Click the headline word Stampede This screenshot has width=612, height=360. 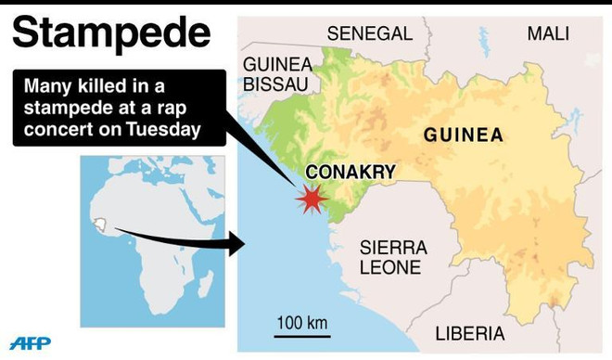[x=111, y=33]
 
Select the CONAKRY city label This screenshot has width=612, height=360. [x=351, y=172]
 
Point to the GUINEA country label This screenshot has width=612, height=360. [x=463, y=135]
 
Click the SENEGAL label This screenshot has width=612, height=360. [x=369, y=34]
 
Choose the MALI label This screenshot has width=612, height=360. [x=548, y=34]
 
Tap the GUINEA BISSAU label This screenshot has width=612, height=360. [x=275, y=74]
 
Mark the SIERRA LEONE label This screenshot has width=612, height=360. [x=393, y=258]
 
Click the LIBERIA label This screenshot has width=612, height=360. [x=470, y=333]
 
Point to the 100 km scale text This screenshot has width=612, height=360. [x=302, y=323]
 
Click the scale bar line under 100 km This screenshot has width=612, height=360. [x=302, y=337]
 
